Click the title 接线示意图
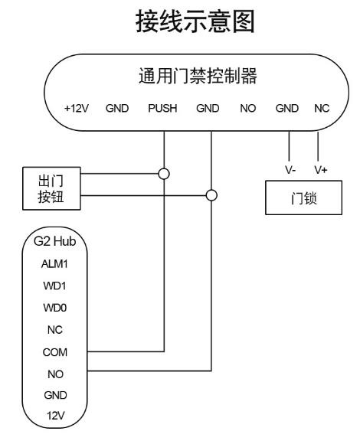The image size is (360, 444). tap(195, 21)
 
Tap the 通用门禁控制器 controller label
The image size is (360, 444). tap(198, 76)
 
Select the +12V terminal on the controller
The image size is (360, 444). tap(77, 108)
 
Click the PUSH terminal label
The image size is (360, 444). tap(162, 108)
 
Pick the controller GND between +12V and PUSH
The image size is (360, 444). tap(117, 108)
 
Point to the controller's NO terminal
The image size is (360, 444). tap(248, 108)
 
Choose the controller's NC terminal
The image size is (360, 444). tap(322, 108)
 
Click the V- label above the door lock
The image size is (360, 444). tap(290, 170)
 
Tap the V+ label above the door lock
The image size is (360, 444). tap(321, 170)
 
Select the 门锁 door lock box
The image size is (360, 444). tap(303, 198)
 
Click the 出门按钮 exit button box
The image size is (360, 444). tap(51, 188)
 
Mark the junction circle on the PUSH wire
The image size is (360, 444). tap(164, 174)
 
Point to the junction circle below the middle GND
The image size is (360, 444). tap(211, 195)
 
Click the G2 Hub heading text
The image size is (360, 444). tap(54, 241)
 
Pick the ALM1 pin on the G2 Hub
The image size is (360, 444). tap(54, 264)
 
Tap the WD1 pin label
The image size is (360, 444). tap(54, 286)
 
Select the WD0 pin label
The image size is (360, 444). tap(55, 308)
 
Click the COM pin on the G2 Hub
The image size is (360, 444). tap(55, 352)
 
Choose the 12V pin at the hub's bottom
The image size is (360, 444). tap(55, 416)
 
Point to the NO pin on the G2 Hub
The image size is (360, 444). tap(55, 374)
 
